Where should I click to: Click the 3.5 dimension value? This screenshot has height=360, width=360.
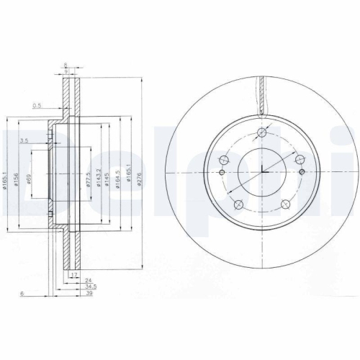[x=24, y=140]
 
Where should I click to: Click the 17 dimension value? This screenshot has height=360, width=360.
[x=73, y=274]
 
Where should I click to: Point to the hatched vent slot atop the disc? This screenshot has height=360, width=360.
[x=262, y=94]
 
